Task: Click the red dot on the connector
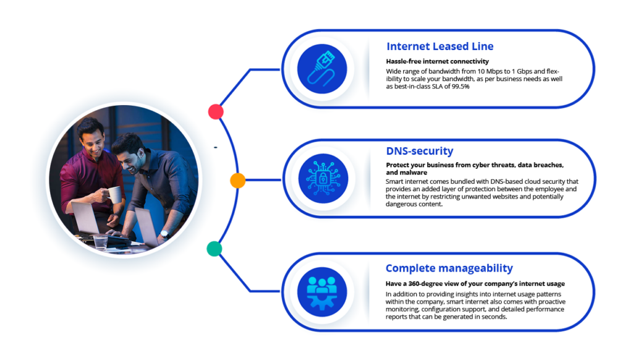(x=216, y=111)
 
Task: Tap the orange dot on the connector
(x=238, y=180)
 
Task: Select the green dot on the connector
(x=215, y=249)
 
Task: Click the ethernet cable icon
(x=321, y=69)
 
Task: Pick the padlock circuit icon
(x=323, y=178)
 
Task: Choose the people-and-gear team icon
(x=321, y=292)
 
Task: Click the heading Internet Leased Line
(x=440, y=46)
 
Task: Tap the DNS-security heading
(x=420, y=151)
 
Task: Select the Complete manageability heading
(x=449, y=268)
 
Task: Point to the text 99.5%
(x=461, y=87)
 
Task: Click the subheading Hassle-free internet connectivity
(x=437, y=61)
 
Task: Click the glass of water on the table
(x=100, y=242)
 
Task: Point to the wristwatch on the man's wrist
(x=164, y=234)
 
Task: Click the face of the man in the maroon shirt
(x=93, y=142)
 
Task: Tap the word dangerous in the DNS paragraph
(x=400, y=205)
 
